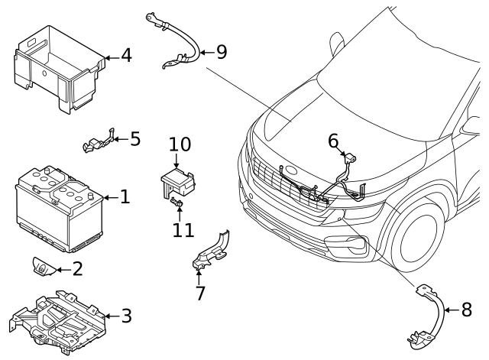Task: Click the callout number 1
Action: point(125,197)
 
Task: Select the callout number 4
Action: point(126,55)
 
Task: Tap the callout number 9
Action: point(222,52)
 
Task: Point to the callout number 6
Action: point(333,141)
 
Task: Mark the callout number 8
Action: point(467,310)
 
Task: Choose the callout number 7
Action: point(200,293)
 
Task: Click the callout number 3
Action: point(126,315)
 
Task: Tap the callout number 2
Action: point(77,268)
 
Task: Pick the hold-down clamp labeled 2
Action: point(41,266)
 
